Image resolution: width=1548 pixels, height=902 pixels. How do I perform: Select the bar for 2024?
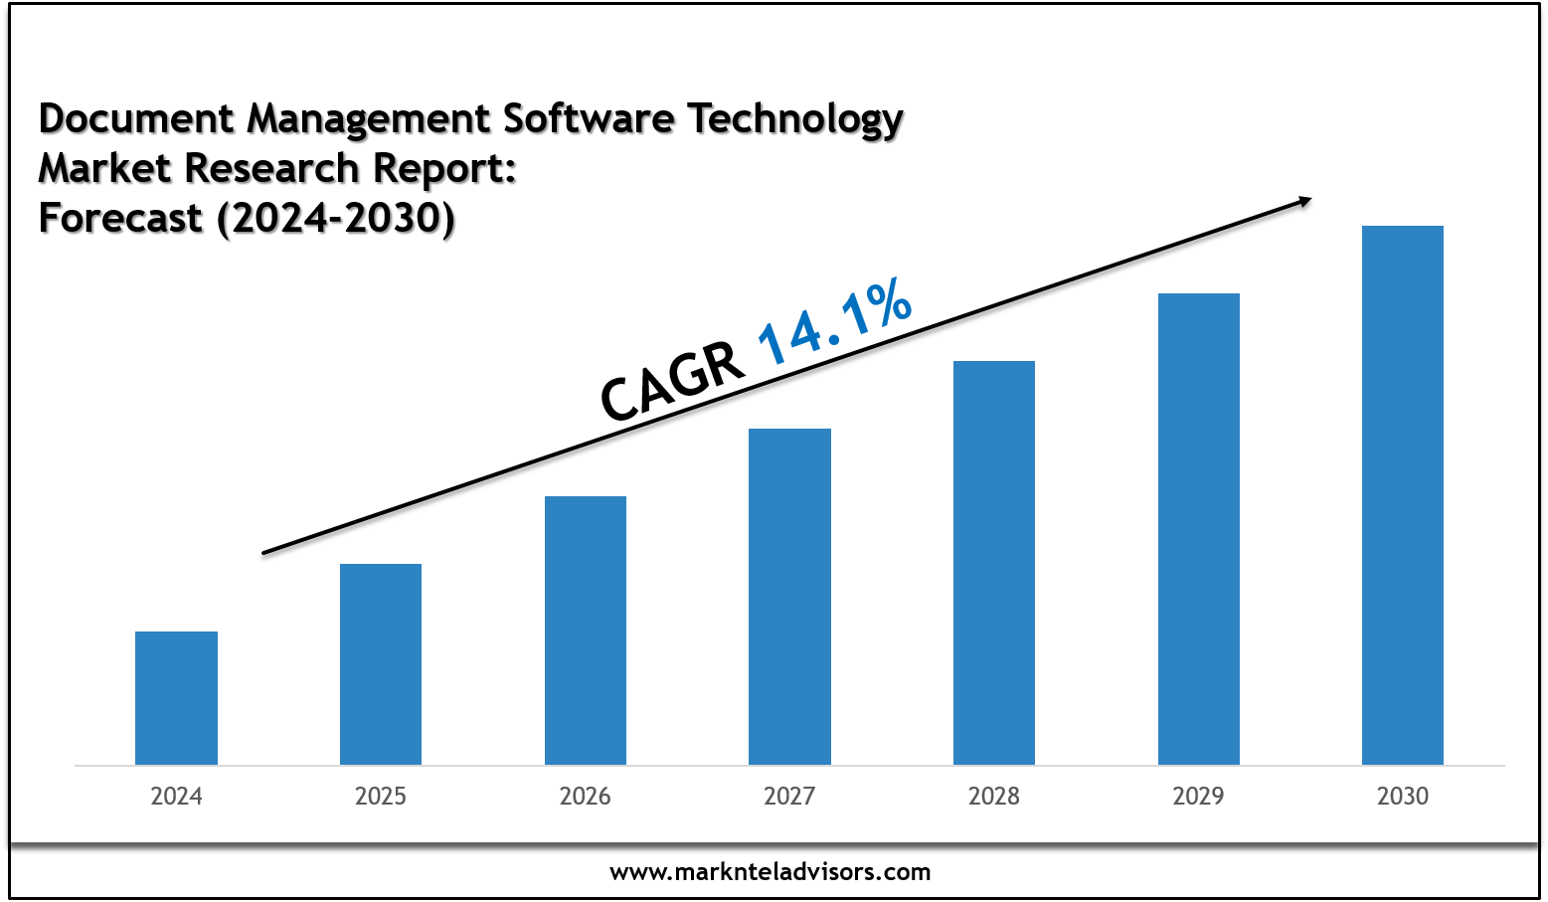(176, 698)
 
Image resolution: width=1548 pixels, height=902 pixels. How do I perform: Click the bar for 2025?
(381, 664)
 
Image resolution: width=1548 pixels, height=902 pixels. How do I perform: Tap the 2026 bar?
(586, 631)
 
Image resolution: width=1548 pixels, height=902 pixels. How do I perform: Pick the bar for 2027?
(789, 597)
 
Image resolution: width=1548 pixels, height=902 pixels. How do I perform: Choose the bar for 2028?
(994, 563)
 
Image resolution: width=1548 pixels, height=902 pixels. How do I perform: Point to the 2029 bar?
(1199, 529)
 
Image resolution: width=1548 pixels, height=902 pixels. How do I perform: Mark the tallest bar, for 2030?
(1403, 495)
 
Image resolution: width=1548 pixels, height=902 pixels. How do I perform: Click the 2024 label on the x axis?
(176, 797)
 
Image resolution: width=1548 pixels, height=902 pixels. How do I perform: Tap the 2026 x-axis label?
(586, 797)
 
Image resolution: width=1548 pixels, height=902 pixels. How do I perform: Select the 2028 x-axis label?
(994, 797)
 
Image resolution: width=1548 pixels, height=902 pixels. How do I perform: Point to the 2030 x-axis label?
(1403, 797)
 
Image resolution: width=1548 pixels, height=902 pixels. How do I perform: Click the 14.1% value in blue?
(835, 320)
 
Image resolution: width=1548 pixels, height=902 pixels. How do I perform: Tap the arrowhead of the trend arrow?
(1302, 202)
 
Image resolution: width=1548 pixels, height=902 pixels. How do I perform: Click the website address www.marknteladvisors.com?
(771, 873)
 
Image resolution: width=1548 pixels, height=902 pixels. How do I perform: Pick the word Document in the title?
(136, 118)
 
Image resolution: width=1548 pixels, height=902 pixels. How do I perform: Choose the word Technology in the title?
(795, 118)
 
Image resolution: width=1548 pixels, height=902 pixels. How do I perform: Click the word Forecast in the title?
(120, 218)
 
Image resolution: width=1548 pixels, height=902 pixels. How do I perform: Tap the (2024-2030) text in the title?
(336, 218)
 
